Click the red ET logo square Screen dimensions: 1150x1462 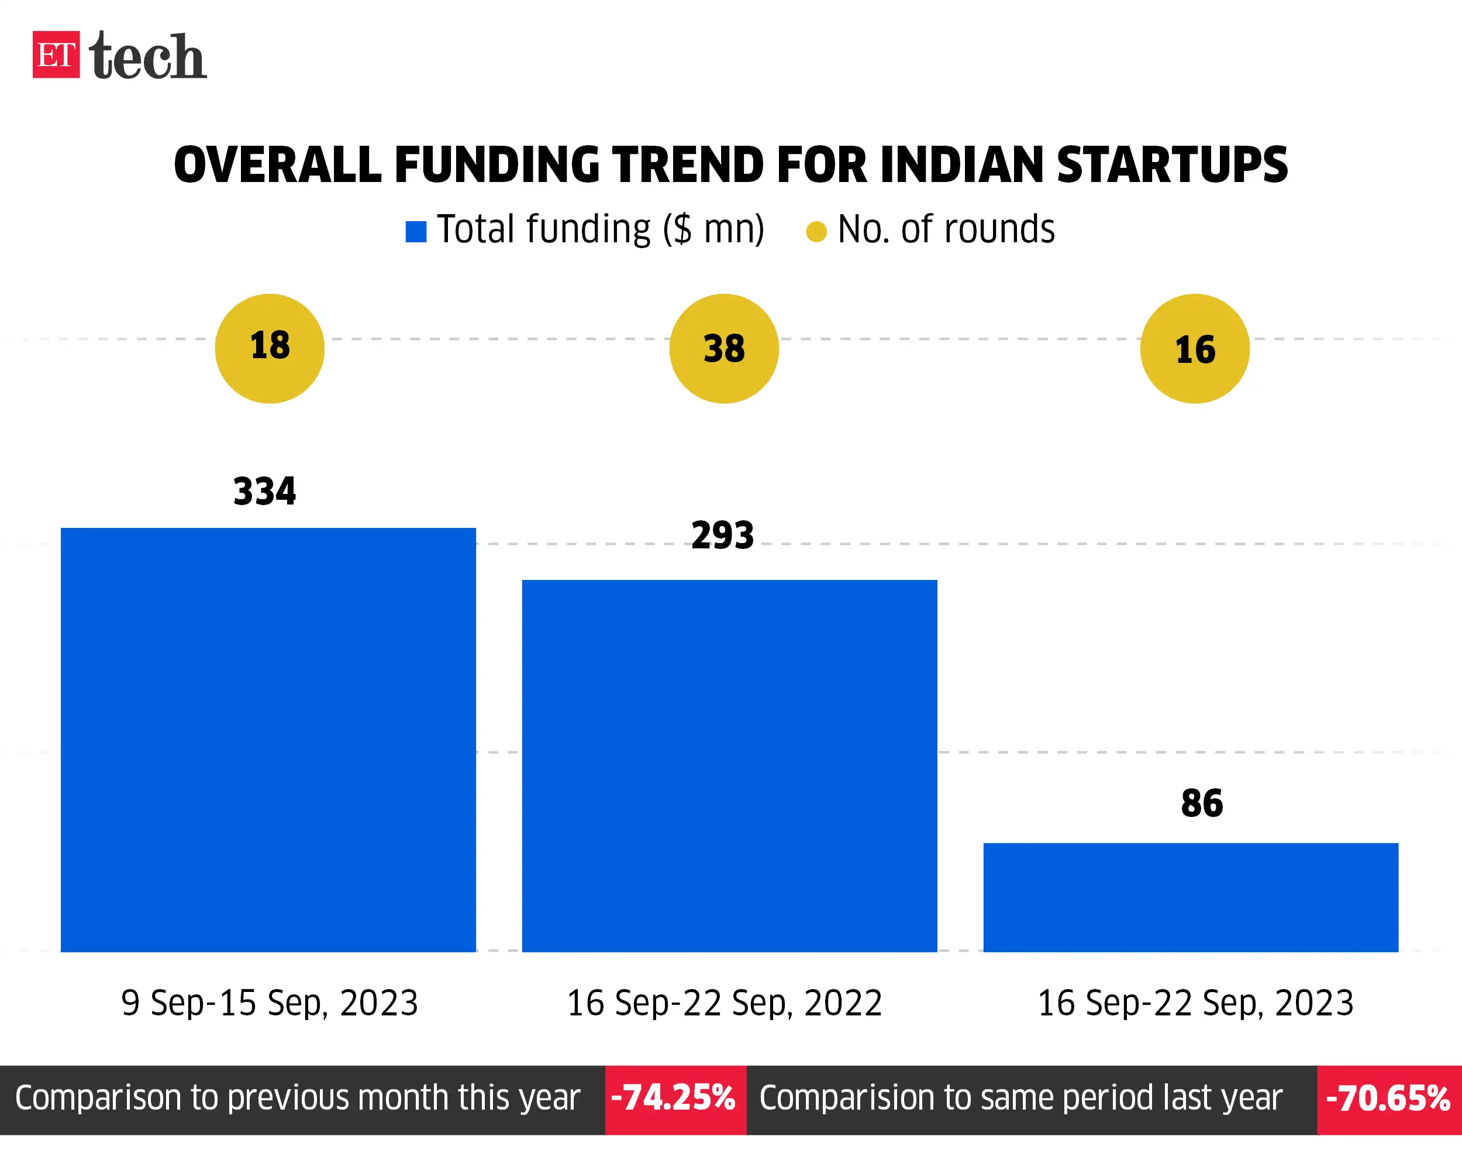coord(56,54)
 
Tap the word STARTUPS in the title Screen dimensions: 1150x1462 coord(1171,165)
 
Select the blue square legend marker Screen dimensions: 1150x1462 coord(416,232)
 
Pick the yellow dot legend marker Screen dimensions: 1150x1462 coord(816,232)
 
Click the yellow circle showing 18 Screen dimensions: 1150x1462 coord(270,349)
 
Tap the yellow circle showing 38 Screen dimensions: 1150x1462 coord(724,349)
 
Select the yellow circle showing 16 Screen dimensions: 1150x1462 coord(1195,349)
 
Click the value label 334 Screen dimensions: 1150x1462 coord(264,491)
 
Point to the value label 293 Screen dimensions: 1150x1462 coord(723,536)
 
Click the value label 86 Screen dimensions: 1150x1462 coord(1202,804)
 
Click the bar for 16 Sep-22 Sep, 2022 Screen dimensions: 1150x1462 coord(729,765)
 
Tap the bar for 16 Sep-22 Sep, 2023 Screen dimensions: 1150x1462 coord(1191,898)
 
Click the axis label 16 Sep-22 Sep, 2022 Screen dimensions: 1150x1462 coord(724,1003)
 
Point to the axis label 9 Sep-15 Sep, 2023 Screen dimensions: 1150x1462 coord(270,1003)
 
